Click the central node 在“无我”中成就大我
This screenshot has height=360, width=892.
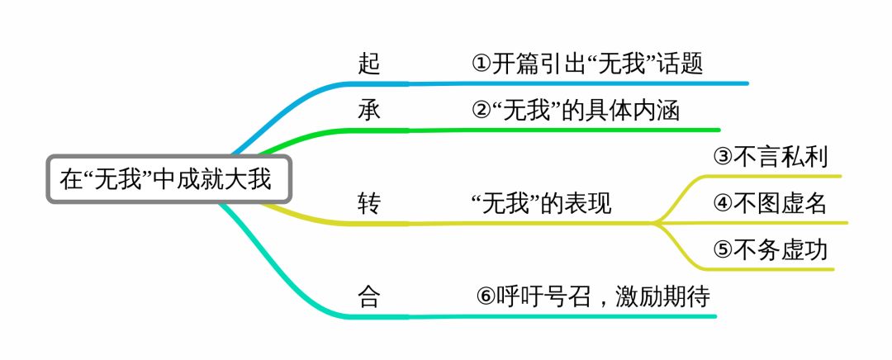168,178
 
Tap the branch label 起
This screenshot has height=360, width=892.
370,64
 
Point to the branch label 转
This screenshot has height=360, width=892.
369,203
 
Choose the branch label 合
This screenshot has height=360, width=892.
369,296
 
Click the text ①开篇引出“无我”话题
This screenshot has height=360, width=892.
587,64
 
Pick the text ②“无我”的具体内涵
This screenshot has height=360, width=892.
576,111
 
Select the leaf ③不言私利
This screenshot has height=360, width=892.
770,157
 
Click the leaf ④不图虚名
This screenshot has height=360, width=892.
770,203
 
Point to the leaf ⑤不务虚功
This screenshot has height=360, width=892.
770,249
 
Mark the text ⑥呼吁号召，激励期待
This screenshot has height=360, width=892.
593,296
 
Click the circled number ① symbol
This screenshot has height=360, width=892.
481,64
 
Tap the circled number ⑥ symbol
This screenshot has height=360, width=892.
486,296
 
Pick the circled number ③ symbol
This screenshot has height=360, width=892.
723,157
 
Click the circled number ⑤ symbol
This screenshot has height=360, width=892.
723,249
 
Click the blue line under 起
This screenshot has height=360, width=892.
578,83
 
